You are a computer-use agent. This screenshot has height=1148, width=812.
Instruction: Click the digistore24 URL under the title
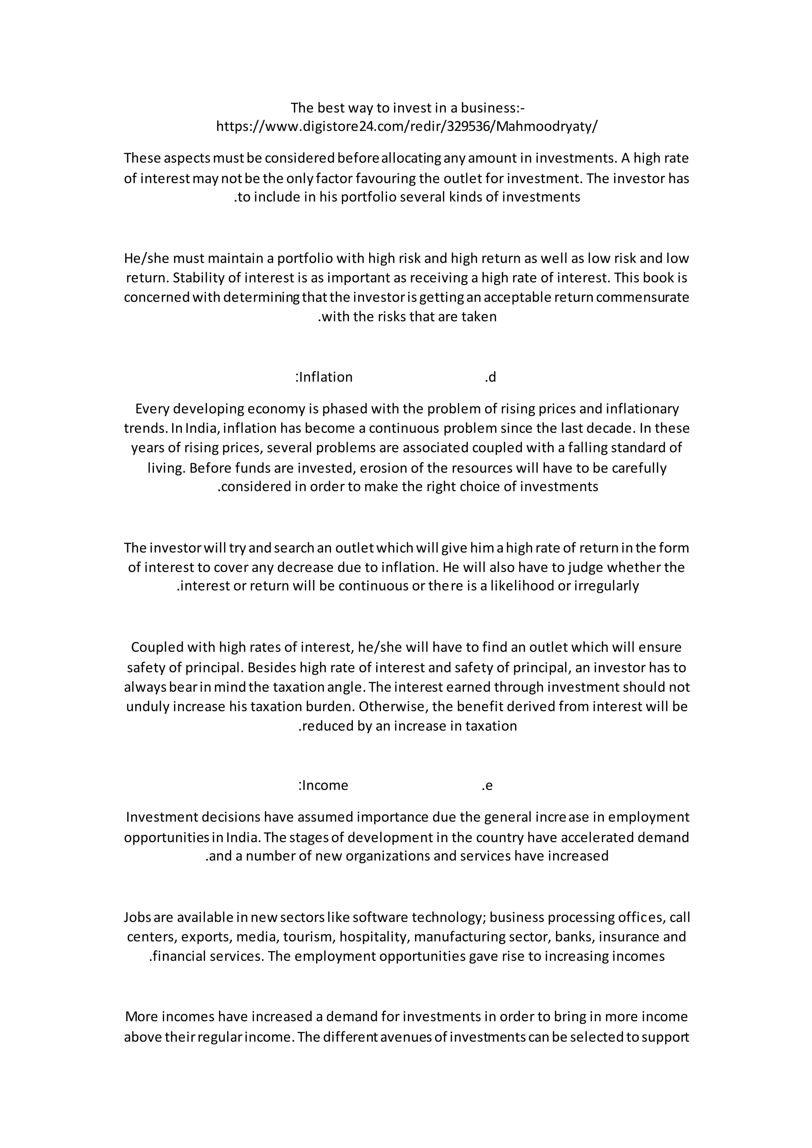[x=406, y=126]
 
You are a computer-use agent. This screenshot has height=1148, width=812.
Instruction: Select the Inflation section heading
[x=324, y=377]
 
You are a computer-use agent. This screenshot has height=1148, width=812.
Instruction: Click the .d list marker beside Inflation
[x=490, y=377]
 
